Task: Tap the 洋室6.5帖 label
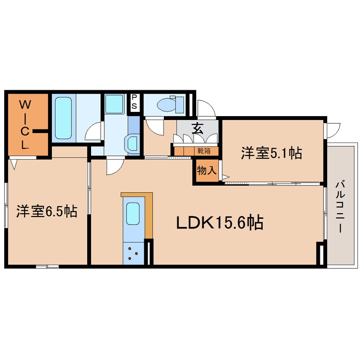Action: click(x=47, y=211)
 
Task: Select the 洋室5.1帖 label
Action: click(x=271, y=153)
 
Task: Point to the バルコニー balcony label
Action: click(x=340, y=206)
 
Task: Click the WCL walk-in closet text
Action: click(x=25, y=124)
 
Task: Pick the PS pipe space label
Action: click(x=134, y=103)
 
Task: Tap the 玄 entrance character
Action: click(x=197, y=128)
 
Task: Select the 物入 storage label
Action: click(x=207, y=171)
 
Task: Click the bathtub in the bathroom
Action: click(x=63, y=118)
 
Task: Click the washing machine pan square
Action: click(x=114, y=104)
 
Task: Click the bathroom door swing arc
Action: click(x=94, y=131)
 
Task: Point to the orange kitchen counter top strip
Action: click(x=137, y=194)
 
